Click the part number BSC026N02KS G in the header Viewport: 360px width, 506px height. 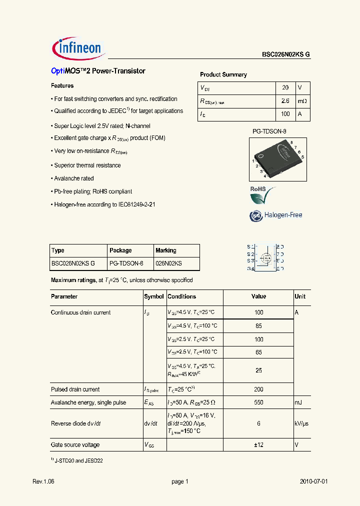[286, 55]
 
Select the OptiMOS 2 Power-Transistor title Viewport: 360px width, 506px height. [98, 71]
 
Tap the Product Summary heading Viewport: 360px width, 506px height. [223, 74]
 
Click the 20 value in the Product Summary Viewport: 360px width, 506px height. [285, 87]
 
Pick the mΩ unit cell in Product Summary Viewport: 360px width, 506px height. [302, 101]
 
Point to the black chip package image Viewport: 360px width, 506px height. [280, 158]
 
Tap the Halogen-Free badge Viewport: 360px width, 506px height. [276, 215]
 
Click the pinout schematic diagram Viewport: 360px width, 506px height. [265, 257]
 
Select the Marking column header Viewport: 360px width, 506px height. [166, 250]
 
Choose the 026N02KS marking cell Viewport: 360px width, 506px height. [168, 263]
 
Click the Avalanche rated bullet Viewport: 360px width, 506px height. [73, 178]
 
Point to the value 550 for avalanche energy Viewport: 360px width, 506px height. [258, 402]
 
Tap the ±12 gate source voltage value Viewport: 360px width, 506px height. [258, 445]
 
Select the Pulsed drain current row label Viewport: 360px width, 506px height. [75, 389]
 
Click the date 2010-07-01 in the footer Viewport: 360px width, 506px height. [314, 481]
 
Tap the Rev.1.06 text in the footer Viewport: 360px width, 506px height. [44, 481]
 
